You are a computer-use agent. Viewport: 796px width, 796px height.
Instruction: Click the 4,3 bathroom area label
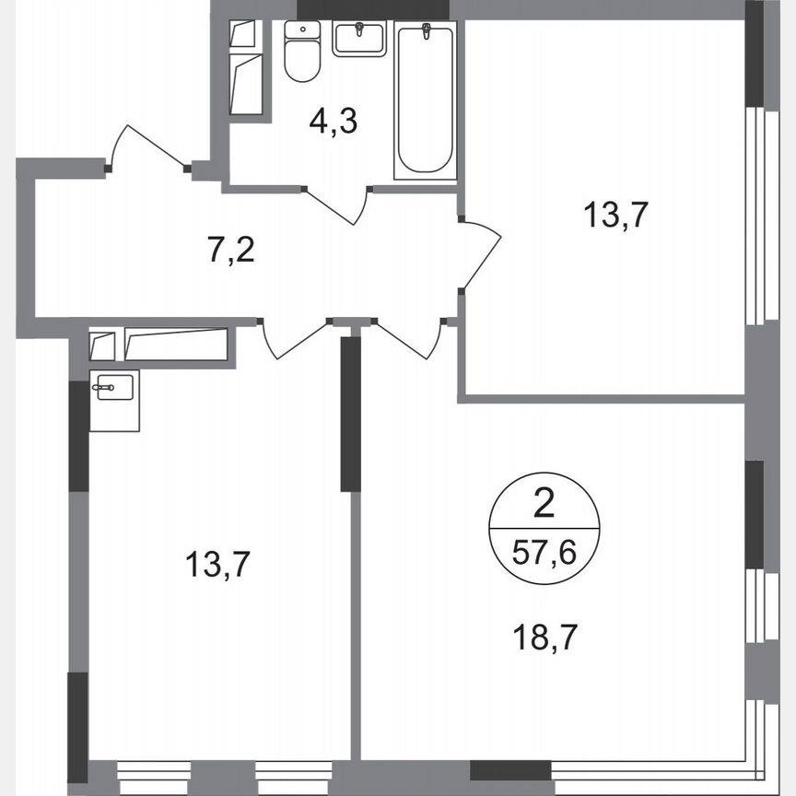click(333, 121)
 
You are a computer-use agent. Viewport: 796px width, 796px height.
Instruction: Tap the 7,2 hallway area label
click(230, 249)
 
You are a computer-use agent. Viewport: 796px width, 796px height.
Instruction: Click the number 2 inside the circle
click(544, 504)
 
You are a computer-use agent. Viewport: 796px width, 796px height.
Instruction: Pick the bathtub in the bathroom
click(425, 101)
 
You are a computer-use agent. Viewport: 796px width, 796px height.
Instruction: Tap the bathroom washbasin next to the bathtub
click(360, 39)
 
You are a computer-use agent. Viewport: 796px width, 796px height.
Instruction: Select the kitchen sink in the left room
click(114, 388)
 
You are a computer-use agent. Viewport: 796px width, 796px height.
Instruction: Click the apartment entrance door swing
click(147, 147)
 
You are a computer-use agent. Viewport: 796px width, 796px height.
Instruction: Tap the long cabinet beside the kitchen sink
click(175, 345)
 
